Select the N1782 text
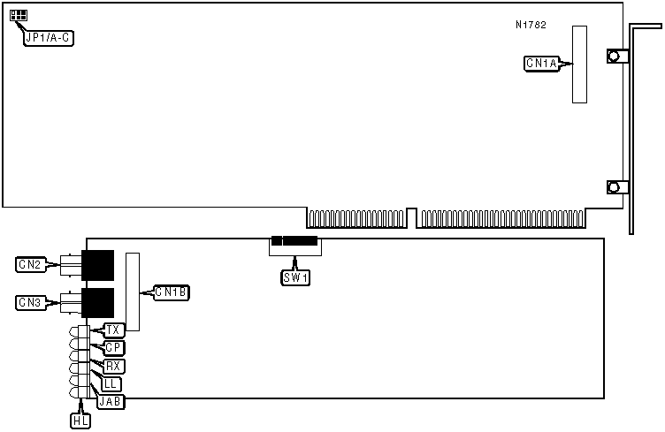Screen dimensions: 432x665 [531, 25]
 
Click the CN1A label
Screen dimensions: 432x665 [540, 64]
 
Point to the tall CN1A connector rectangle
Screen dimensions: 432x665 [579, 64]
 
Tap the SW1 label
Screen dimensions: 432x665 [295, 277]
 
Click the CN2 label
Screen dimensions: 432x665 [29, 263]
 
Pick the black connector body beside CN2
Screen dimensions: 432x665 [97, 262]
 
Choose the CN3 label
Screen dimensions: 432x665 [29, 303]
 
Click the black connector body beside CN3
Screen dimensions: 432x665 [97, 301]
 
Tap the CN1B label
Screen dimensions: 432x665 [171, 292]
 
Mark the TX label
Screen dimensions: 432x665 [113, 330]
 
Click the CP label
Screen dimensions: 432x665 [113, 348]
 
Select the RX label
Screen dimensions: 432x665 [113, 366]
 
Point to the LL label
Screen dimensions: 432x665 [111, 383]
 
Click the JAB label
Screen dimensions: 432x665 [111, 401]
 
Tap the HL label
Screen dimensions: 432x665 [80, 421]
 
